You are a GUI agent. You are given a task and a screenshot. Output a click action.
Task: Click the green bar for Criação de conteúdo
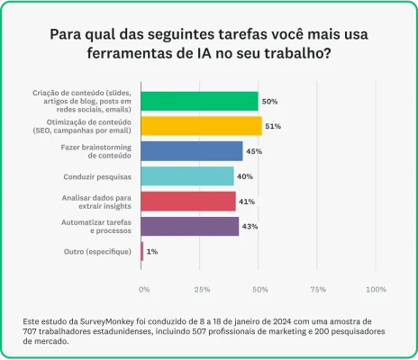tap(199, 101)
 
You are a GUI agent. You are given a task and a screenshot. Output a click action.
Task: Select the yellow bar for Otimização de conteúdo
tap(201, 126)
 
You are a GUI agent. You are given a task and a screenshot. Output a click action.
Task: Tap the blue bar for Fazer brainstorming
tap(192, 151)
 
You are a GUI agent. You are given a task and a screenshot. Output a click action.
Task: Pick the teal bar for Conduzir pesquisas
tap(187, 176)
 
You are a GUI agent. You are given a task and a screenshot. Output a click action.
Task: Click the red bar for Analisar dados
tap(188, 201)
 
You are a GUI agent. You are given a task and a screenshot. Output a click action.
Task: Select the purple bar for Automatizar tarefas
tap(190, 226)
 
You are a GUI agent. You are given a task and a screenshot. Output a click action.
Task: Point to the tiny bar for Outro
tap(142, 251)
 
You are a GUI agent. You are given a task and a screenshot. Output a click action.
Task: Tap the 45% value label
tap(254, 151)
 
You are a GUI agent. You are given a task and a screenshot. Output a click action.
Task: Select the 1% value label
tap(152, 251)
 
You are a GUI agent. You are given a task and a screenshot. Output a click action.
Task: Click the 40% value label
tap(245, 176)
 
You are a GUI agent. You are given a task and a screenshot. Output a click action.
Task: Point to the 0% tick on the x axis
tap(144, 290)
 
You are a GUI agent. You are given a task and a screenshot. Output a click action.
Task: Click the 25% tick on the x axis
tap(203, 290)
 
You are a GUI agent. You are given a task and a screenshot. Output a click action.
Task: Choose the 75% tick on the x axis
tap(318, 290)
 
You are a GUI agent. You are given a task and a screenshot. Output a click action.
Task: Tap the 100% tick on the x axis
tap(376, 290)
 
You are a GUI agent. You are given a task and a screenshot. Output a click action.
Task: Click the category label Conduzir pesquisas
tap(99, 176)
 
